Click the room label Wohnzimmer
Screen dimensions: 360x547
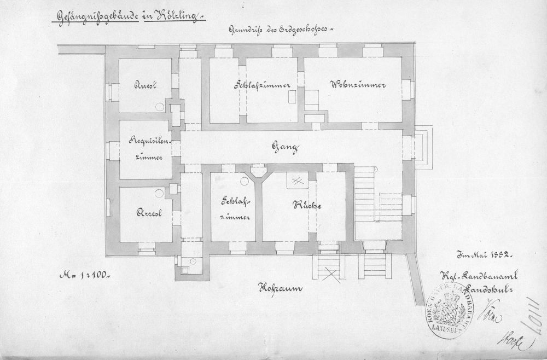click(x=359, y=85)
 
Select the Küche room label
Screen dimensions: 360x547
click(x=306, y=206)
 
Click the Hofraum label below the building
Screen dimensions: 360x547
click(x=280, y=288)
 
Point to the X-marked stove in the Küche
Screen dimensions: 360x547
click(x=296, y=179)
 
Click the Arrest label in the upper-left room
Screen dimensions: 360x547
click(x=146, y=85)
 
